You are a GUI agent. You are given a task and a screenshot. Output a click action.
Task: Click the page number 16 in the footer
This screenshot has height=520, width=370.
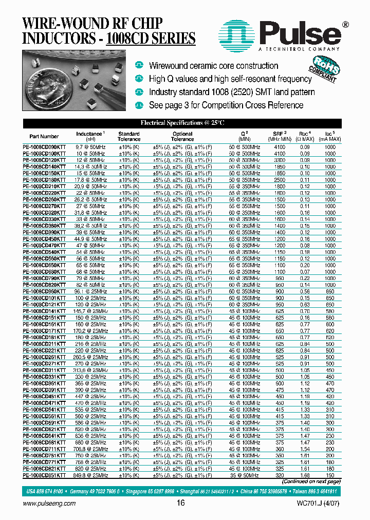180,503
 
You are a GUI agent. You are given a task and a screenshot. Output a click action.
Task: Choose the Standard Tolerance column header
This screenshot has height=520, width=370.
129,136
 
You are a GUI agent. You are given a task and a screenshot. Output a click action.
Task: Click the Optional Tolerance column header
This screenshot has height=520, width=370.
182,136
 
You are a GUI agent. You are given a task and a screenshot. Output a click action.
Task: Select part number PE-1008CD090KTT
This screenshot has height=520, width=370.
44,147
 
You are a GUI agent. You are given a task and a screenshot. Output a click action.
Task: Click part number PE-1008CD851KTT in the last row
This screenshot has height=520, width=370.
44,475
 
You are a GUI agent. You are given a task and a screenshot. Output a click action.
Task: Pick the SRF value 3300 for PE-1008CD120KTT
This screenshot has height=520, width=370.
280,160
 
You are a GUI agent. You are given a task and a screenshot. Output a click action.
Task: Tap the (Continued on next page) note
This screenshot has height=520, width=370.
311,482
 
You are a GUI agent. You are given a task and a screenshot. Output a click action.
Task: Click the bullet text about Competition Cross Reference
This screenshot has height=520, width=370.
226,105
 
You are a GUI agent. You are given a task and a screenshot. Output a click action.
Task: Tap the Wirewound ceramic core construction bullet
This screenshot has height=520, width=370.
213,66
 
